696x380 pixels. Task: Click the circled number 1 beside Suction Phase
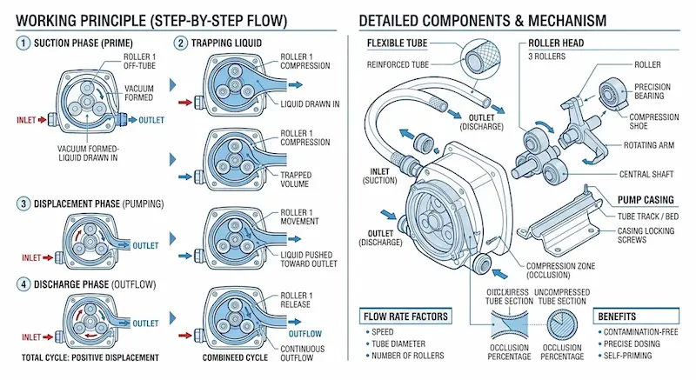pos(10,41)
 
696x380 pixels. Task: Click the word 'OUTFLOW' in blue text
pos(304,333)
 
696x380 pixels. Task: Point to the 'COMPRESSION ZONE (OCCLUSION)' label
pos(564,271)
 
